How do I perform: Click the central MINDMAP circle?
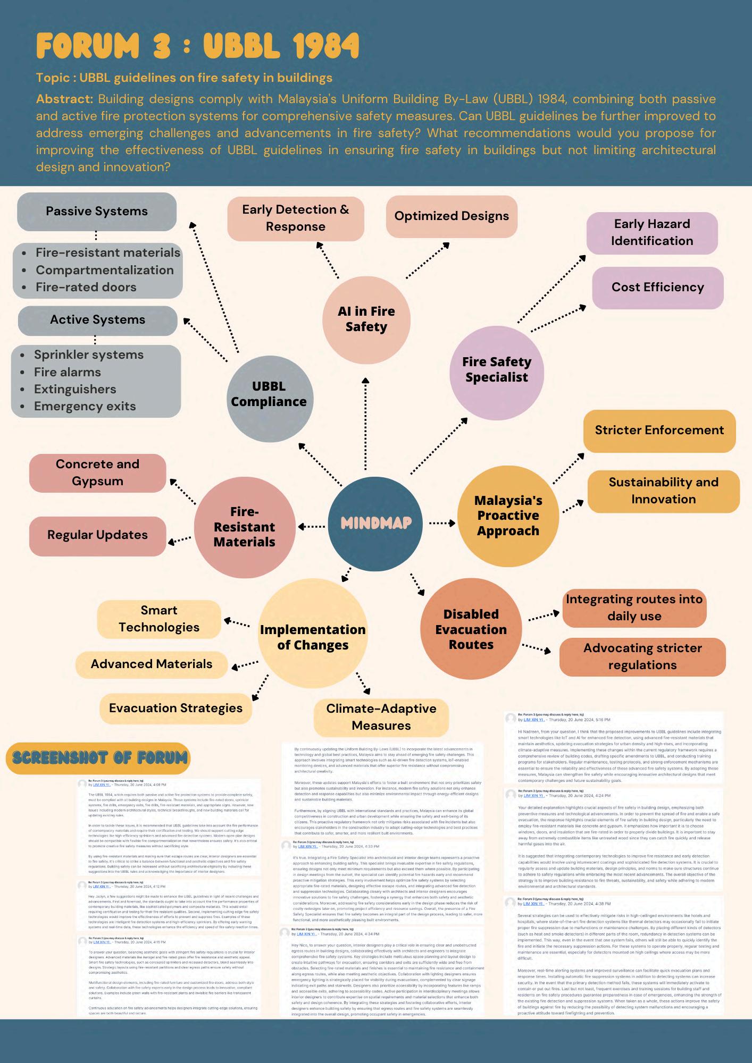tap(376, 523)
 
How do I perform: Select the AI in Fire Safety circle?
tap(366, 319)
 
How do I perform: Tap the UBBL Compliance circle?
tap(269, 394)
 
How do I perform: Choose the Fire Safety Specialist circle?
tap(496, 369)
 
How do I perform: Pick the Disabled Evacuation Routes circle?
tap(471, 629)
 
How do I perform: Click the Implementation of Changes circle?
tap(313, 637)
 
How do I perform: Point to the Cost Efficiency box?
tap(657, 288)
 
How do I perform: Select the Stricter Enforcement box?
tap(659, 431)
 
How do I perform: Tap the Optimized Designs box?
tap(452, 216)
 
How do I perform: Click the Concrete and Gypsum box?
tap(97, 473)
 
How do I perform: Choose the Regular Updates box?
tap(97, 535)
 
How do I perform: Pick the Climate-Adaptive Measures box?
tap(381, 717)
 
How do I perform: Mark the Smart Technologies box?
tap(158, 619)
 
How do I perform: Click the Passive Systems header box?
tap(97, 212)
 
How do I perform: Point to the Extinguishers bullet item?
tap(75, 389)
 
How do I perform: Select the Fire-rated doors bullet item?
tap(86, 287)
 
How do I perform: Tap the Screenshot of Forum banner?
tap(98, 758)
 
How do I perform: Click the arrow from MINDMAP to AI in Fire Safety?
tap(365, 425)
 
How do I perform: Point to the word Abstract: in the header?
tap(65, 99)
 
